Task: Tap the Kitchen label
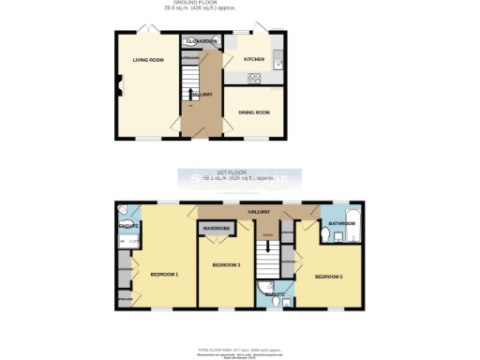[x=254, y=59]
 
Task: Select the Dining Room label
[x=253, y=112]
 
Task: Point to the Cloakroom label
[x=202, y=41]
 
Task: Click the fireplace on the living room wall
[x=119, y=90]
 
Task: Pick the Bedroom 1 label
[x=164, y=274]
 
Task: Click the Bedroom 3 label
[x=226, y=265]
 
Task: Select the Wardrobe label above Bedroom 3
[x=216, y=228]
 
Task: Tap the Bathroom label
[x=338, y=223]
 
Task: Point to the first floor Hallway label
[x=259, y=213]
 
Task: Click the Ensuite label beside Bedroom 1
[x=128, y=227]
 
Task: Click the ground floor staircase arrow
[x=187, y=94]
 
